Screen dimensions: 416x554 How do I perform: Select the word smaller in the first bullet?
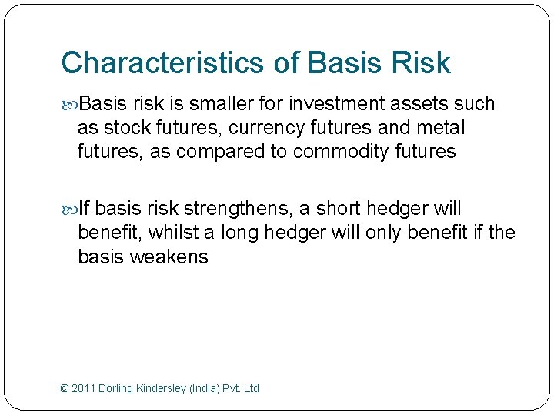point(220,104)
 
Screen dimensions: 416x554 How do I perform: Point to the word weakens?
point(169,257)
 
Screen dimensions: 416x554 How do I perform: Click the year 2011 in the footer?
point(83,388)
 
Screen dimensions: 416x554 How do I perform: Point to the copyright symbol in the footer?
point(64,388)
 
